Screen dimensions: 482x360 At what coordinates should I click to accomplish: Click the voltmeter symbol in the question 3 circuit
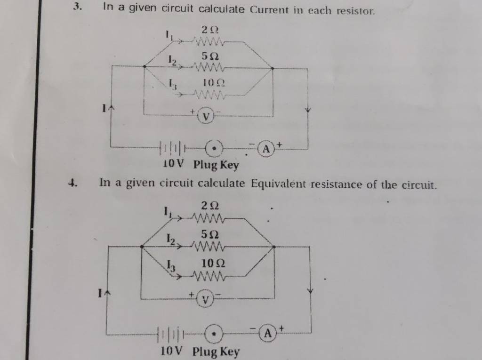point(206,116)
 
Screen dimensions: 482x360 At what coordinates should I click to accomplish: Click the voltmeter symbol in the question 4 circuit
point(206,298)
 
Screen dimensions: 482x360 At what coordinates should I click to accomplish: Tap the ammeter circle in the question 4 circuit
point(268,332)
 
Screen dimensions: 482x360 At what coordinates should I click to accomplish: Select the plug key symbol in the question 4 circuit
point(214,333)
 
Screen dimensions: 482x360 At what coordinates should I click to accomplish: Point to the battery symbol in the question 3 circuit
point(173,148)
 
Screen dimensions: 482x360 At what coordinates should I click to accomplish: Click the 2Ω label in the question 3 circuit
point(210,30)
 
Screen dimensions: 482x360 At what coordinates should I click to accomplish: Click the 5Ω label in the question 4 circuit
point(210,234)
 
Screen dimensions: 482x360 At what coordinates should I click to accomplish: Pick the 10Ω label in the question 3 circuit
point(214,83)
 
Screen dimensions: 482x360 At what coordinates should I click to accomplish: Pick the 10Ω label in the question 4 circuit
point(213,264)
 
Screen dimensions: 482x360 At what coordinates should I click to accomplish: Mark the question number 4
point(72,183)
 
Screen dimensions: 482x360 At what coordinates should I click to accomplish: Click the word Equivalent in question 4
point(279,184)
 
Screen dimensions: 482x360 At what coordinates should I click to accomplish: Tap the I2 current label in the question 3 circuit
point(172,60)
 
